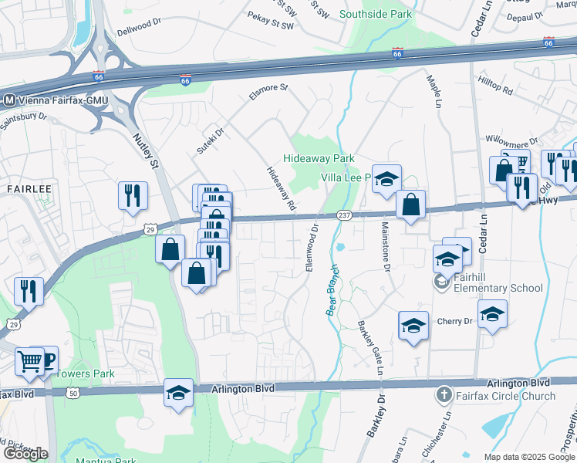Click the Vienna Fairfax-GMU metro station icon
[x=9, y=100]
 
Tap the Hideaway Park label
[x=319, y=158]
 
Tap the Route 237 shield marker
[x=344, y=215]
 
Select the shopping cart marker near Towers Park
[x=29, y=360]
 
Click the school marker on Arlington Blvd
[x=178, y=393]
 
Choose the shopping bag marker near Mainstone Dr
[x=411, y=204]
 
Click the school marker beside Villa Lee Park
[x=387, y=179]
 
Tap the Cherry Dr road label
[x=454, y=321]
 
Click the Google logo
[x=25, y=454]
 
